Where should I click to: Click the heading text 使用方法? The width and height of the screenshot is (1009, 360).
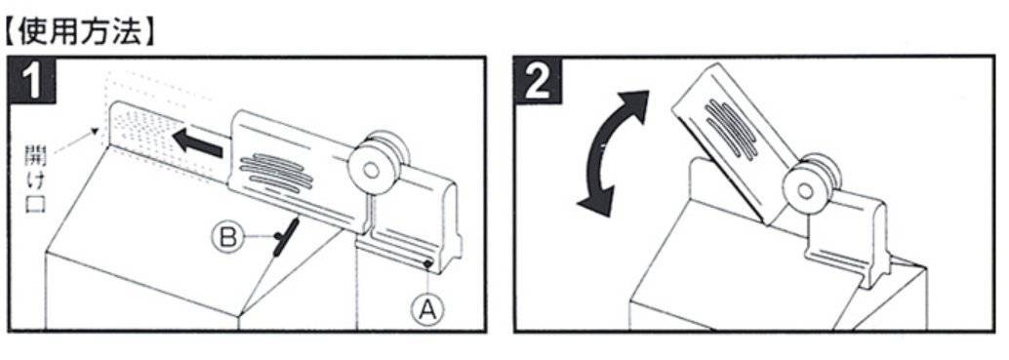tap(80, 31)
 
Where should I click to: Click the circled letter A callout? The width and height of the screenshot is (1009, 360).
tap(428, 311)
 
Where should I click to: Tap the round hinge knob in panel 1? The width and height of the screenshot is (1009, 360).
tap(371, 169)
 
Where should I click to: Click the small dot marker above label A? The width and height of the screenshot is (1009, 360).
tap(426, 263)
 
